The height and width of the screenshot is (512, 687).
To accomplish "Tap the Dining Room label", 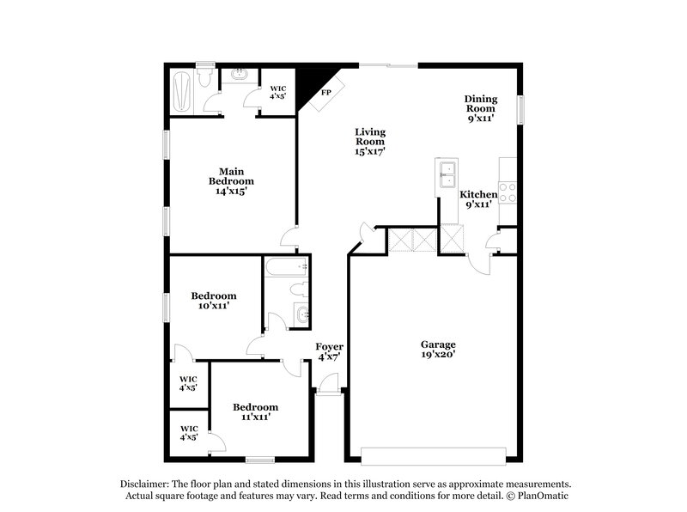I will pos(480,109).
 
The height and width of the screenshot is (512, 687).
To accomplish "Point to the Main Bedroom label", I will pos(231,181).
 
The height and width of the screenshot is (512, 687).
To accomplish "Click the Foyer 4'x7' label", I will pos(329,351).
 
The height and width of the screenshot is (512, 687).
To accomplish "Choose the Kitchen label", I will pos(478,200).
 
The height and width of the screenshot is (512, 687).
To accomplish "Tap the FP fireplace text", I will pos(326,93).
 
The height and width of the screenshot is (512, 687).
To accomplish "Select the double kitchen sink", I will pos(447,174).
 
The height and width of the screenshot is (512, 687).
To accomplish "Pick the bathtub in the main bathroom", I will pos(180,91).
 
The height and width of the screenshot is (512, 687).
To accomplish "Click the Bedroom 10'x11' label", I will pos(214,300).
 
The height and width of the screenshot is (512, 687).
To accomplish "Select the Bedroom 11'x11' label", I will pos(255,411).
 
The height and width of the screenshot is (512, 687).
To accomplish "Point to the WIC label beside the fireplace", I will pos(278,92).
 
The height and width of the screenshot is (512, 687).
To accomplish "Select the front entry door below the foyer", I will pos(328,392).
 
